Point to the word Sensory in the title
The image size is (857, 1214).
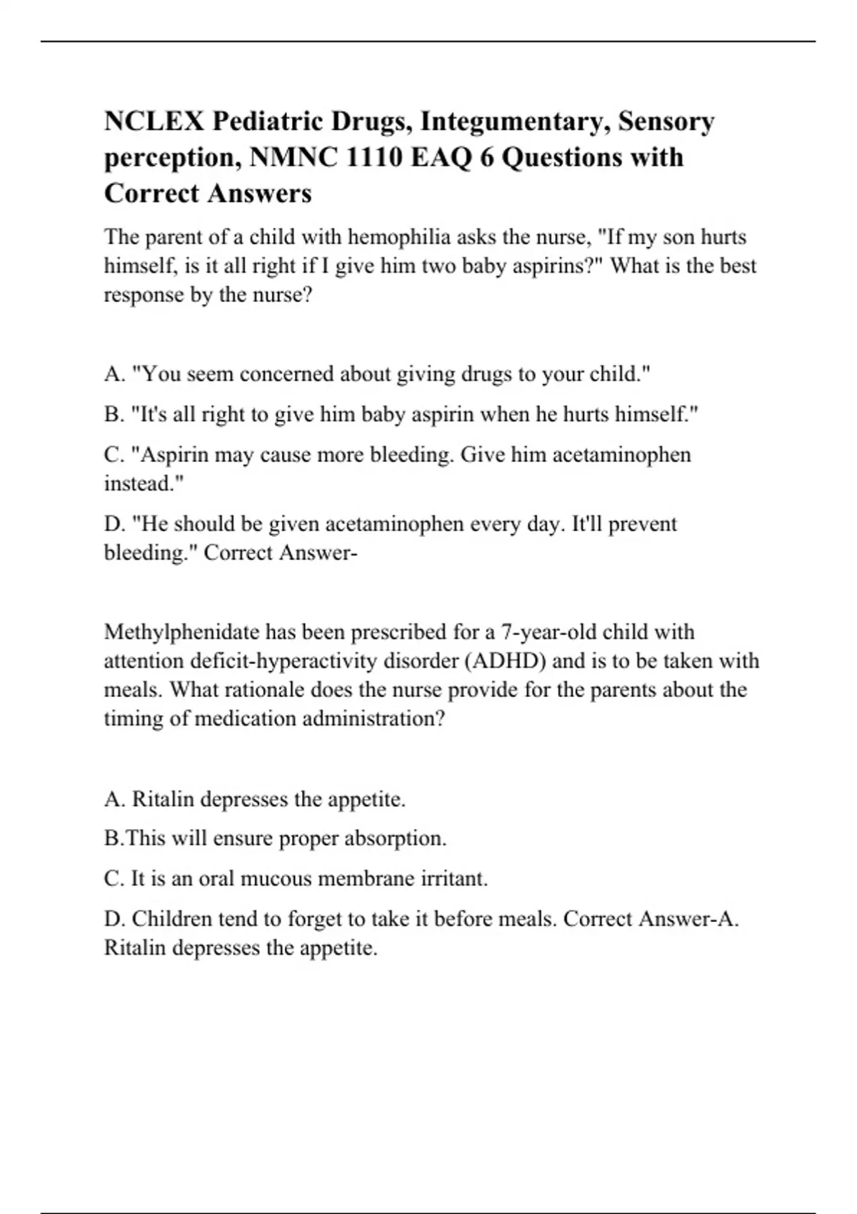pos(666,122)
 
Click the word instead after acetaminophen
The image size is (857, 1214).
pos(141,484)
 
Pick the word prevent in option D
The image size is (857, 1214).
pos(642,524)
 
